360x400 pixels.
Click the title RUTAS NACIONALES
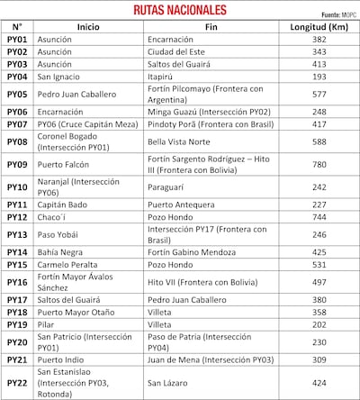[179, 11]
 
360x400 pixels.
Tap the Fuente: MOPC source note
[337, 15]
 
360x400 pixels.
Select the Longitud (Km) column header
[319, 28]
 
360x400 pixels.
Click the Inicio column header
[88, 28]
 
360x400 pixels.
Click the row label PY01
[17, 41]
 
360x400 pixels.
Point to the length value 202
[319, 323]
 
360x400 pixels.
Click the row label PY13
[17, 234]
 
